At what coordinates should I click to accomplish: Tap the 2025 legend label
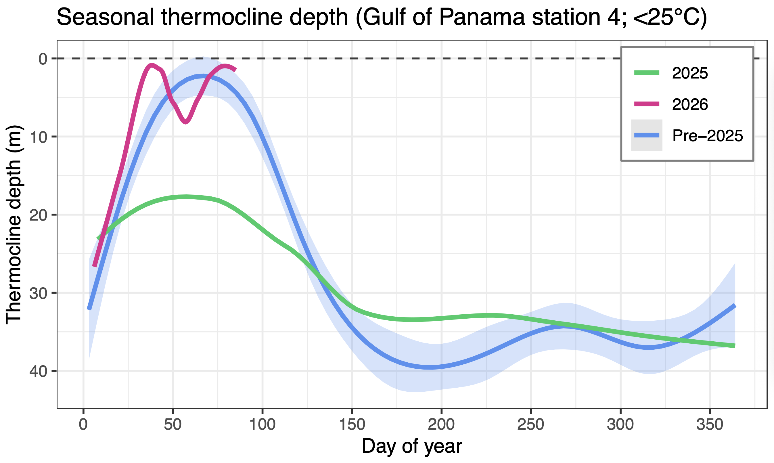(x=690, y=73)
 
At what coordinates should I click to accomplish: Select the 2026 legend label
(x=690, y=104)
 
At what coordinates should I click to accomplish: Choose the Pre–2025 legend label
(x=708, y=136)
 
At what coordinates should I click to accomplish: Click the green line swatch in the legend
(x=647, y=73)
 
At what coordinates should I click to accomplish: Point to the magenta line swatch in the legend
(x=647, y=104)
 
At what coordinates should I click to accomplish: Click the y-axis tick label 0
(x=43, y=59)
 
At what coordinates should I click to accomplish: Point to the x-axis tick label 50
(x=173, y=425)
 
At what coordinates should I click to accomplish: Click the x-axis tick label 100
(x=262, y=425)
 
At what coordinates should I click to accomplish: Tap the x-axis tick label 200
(x=441, y=425)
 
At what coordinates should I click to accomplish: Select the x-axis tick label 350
(x=710, y=425)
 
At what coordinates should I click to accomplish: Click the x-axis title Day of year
(x=412, y=446)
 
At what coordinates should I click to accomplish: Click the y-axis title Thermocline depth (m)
(x=14, y=225)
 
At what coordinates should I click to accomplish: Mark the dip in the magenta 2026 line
(x=186, y=122)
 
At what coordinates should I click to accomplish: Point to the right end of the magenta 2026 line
(x=236, y=70)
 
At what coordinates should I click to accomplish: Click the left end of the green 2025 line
(x=98, y=239)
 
